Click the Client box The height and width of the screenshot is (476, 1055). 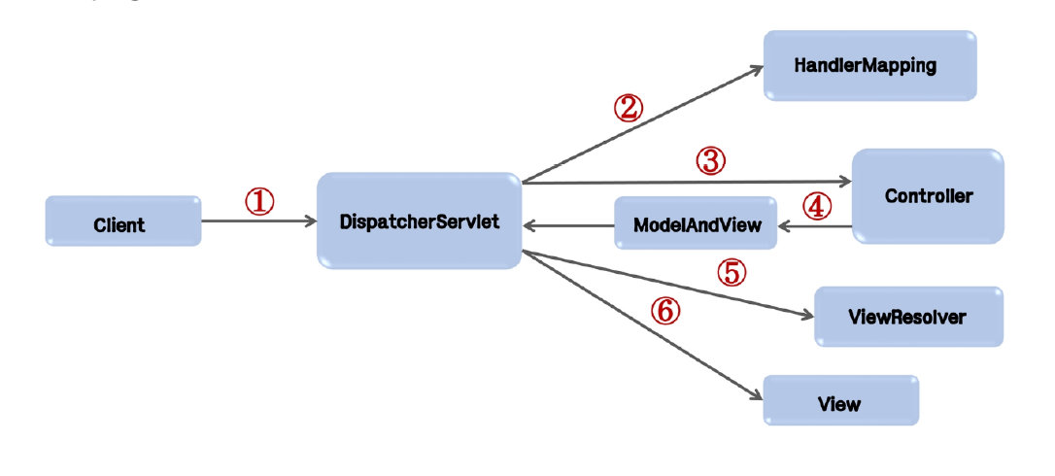(x=123, y=221)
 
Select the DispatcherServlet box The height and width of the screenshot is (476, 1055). (x=419, y=221)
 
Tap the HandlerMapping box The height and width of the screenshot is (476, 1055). (x=869, y=65)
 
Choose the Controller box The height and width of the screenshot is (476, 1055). (x=928, y=196)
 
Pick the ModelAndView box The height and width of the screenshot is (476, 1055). (x=696, y=222)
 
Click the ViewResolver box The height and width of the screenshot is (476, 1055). (x=908, y=317)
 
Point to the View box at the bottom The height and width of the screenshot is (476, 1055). (x=840, y=400)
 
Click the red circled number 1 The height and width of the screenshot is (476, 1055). (x=259, y=201)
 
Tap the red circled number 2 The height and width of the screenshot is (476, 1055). (x=628, y=109)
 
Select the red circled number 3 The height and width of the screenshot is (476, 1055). (x=710, y=161)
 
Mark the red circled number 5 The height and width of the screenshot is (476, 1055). (x=732, y=273)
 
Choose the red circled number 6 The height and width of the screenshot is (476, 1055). (x=665, y=311)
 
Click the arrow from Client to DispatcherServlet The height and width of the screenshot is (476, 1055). (x=259, y=221)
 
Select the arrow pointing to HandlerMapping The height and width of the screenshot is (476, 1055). (x=642, y=124)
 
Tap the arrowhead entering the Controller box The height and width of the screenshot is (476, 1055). (x=846, y=182)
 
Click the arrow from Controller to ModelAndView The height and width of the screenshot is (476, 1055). (x=815, y=227)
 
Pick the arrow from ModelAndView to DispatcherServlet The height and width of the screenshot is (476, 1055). (x=568, y=224)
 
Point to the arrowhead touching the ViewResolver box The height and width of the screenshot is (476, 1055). (x=807, y=316)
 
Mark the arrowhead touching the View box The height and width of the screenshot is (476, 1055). (x=757, y=395)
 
